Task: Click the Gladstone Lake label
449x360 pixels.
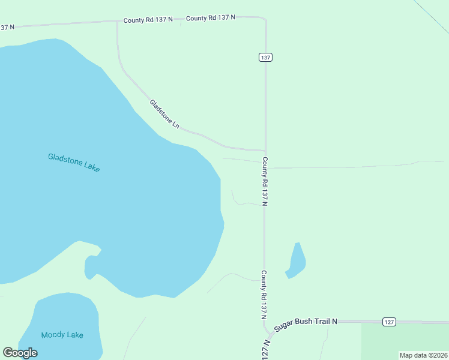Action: coord(74,163)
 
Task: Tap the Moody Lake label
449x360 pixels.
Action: coord(62,335)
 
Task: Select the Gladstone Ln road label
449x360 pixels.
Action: coord(164,114)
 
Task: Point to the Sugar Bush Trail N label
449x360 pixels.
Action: coord(306,325)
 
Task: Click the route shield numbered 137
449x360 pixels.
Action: coord(266,57)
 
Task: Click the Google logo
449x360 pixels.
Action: coord(20,352)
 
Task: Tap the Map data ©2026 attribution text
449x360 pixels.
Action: coord(423,355)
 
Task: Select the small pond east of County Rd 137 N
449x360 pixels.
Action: coord(297,260)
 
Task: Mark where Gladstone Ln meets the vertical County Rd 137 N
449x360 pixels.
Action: coord(265,151)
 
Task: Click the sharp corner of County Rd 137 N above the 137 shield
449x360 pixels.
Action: coord(264,19)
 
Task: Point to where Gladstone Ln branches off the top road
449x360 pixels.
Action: coord(118,22)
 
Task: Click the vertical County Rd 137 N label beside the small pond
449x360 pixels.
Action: coord(264,294)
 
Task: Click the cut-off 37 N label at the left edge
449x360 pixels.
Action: coord(6,27)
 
